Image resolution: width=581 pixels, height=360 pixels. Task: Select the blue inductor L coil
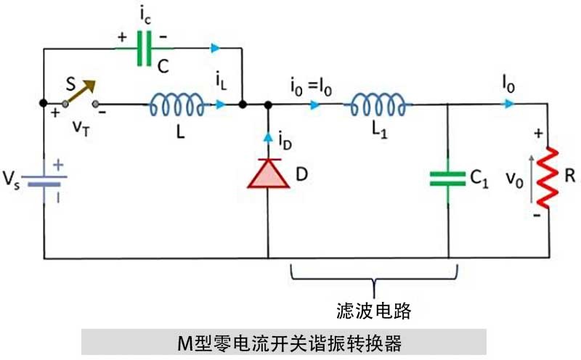[176, 106]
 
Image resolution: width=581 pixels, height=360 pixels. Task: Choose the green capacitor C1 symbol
[448, 179]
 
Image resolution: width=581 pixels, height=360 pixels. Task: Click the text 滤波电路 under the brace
[374, 311]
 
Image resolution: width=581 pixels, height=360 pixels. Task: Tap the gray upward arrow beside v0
[531, 178]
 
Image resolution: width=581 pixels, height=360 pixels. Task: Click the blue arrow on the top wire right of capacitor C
[216, 49]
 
